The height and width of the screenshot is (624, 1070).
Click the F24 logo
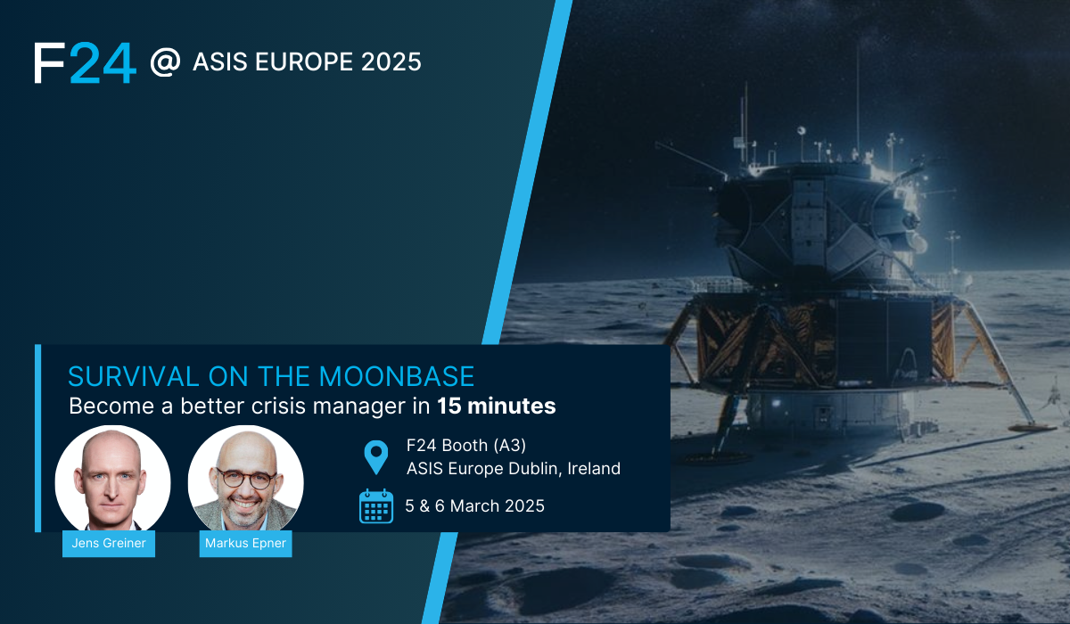[x=85, y=62]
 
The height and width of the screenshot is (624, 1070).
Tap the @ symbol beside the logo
[x=165, y=62]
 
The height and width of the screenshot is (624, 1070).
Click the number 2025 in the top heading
[x=391, y=62]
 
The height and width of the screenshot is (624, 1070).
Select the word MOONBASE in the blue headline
[x=397, y=376]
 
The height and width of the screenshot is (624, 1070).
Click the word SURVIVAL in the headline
[x=133, y=376]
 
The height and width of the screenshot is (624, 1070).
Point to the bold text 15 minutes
[x=497, y=406]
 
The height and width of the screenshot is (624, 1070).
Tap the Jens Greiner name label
[x=109, y=543]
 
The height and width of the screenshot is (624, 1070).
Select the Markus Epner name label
[x=245, y=543]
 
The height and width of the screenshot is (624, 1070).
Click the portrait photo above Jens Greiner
[x=112, y=479]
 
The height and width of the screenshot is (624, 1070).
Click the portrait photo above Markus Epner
[x=245, y=479]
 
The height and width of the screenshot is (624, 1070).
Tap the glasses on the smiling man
[x=246, y=479]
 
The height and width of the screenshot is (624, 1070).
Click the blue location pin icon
[x=376, y=457]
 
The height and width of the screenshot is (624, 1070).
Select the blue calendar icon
[x=376, y=506]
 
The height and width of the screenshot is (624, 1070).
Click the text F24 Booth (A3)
[x=465, y=445]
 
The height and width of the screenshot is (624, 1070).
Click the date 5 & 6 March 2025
[x=474, y=505]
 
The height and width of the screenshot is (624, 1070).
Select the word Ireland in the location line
[x=594, y=468]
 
